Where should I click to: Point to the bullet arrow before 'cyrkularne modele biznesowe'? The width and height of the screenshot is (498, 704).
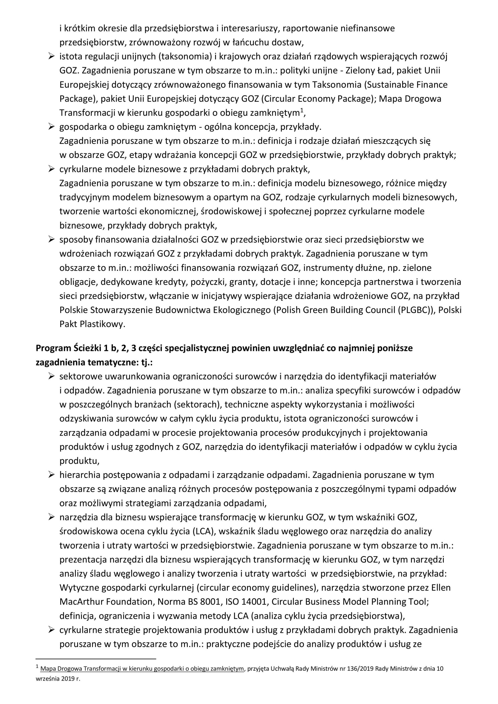click(51, 169)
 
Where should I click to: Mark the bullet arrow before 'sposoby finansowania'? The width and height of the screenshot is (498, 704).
click(51, 240)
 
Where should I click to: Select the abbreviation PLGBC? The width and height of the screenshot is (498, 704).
click(414, 310)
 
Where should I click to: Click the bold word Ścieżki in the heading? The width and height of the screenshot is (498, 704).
click(83, 348)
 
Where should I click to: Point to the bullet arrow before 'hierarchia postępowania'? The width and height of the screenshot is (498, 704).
click(51, 475)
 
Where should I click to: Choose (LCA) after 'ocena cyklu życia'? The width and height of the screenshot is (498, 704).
click(204, 531)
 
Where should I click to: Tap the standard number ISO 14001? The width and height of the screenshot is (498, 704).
click(248, 602)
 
